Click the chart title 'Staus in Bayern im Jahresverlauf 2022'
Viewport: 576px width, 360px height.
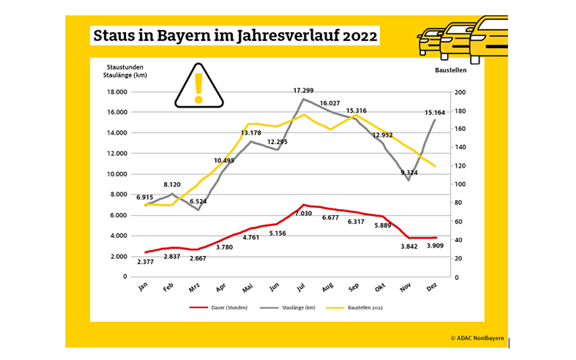click(235, 36)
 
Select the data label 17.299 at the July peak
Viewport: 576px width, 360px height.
click(304, 90)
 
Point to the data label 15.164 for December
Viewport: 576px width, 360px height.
click(435, 113)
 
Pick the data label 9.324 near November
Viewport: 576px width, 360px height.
click(408, 172)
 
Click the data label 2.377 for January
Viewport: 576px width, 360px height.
click(145, 262)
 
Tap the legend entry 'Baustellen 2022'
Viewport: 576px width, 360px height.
click(365, 308)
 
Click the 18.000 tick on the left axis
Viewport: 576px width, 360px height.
click(116, 92)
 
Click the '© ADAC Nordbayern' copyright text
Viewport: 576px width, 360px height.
click(477, 338)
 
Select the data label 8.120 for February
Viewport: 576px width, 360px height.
click(172, 184)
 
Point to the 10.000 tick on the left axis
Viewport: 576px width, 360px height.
click(116, 174)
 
